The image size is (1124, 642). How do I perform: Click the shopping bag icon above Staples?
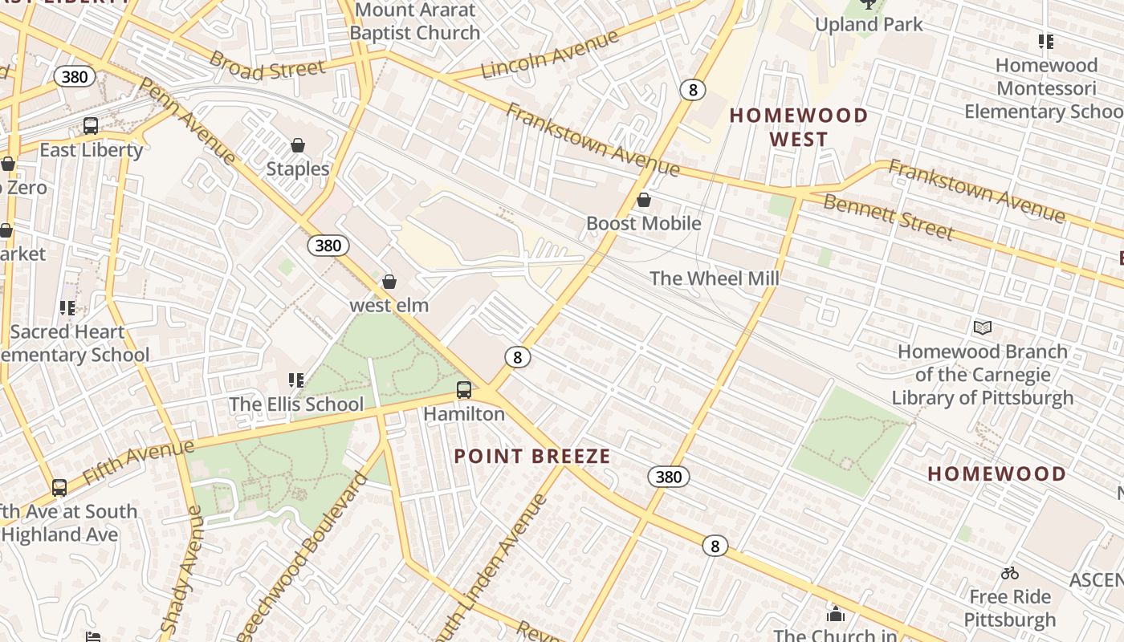pos(298,145)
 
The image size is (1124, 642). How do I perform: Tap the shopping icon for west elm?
pos(389,282)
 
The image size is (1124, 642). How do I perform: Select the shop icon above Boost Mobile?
pos(643,200)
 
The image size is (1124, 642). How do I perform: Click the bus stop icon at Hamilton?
pos(464,391)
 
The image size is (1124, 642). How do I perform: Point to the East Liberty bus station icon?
pos(91,126)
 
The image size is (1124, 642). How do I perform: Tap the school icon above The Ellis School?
pos(296,380)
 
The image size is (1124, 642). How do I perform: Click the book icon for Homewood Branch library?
pos(983,327)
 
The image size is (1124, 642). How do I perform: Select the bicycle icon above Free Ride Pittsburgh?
pos(1010,573)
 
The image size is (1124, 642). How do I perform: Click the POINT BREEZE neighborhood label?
pos(532,457)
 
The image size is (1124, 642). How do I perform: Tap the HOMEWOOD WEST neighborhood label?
pos(798,128)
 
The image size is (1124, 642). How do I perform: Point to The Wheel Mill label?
pos(714,278)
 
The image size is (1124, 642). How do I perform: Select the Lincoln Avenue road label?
pos(550,54)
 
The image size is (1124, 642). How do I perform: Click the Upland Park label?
pos(869,24)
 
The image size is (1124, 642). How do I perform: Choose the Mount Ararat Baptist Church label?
pos(415,22)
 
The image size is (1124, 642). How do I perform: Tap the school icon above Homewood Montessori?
pos(1045,41)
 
